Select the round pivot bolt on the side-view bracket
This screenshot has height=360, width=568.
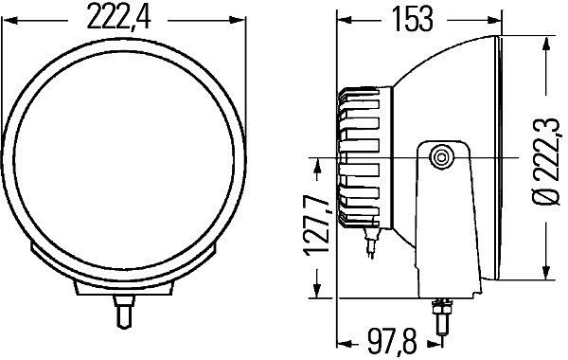point(440,158)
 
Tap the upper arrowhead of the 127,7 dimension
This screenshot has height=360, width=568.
point(314,160)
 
